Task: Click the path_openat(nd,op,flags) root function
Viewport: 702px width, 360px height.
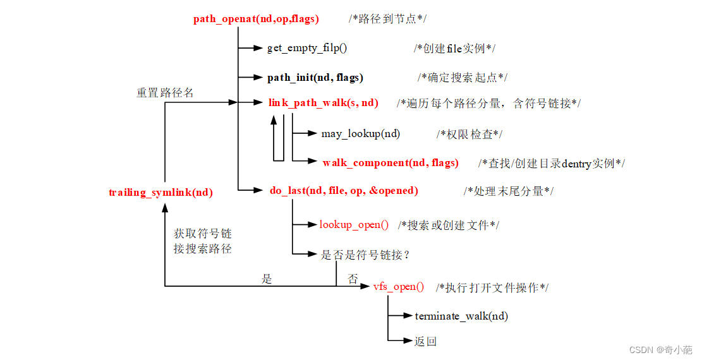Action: (256, 19)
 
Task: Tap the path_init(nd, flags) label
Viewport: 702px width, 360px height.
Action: (315, 78)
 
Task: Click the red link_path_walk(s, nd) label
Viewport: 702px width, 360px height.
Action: (323, 103)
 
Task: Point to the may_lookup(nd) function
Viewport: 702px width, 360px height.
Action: (360, 134)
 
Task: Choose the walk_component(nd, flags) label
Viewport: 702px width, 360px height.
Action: (390, 163)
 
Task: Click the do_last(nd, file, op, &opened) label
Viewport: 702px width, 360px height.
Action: (344, 191)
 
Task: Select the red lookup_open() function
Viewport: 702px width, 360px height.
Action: (354, 225)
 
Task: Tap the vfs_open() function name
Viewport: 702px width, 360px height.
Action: (399, 287)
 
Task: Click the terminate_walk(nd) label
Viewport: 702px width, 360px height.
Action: (461, 316)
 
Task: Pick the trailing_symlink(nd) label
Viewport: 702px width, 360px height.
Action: (160, 193)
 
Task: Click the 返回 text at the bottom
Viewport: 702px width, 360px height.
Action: (425, 342)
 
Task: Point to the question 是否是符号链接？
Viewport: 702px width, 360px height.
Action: (366, 255)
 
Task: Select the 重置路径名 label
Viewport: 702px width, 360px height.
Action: (165, 93)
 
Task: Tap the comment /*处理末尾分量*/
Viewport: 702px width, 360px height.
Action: (508, 191)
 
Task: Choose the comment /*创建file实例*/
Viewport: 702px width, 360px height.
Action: (454, 48)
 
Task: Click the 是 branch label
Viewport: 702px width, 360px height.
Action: (267, 279)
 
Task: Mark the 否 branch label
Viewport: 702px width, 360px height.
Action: (353, 279)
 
